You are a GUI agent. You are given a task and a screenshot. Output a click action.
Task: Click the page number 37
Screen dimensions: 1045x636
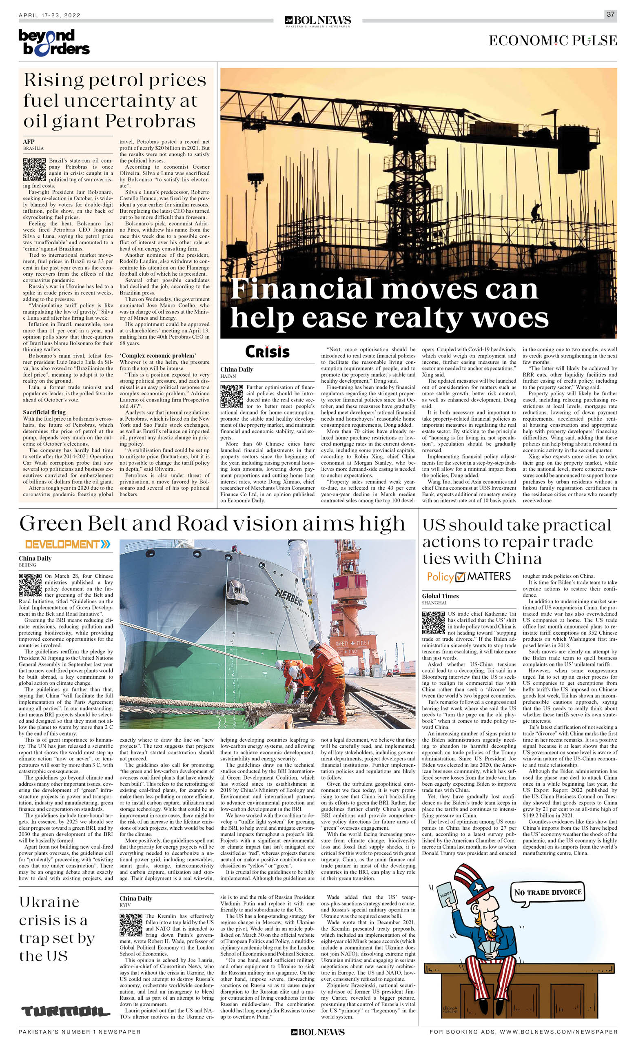610,14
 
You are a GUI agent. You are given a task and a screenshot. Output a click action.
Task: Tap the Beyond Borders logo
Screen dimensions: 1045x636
54,42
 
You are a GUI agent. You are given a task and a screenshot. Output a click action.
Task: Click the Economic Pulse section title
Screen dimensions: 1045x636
552,41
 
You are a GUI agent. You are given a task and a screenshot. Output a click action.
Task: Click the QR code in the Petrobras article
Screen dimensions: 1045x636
34,169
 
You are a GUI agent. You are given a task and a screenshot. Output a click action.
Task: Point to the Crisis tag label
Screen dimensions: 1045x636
267,352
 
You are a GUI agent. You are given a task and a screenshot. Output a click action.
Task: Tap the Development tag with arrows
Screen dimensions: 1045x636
68,544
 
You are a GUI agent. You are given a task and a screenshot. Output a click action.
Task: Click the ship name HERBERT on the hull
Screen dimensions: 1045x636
289,598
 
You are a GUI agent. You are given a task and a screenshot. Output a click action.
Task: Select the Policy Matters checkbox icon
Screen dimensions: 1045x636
460,577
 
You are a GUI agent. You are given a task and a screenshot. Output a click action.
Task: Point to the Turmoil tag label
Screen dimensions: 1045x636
65,1011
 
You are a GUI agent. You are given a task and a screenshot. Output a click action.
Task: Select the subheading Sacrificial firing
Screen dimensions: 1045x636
44,412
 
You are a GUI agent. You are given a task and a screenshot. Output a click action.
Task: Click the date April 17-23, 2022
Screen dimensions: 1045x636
50,15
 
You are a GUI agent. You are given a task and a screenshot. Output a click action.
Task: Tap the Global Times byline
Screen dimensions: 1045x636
440,596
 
